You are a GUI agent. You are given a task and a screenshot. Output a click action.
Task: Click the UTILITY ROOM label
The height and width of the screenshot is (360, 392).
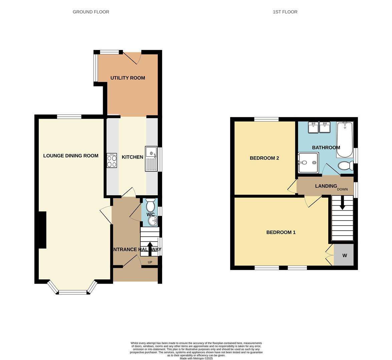[128, 78]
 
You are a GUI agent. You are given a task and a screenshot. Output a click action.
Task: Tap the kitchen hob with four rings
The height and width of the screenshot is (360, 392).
[112, 160]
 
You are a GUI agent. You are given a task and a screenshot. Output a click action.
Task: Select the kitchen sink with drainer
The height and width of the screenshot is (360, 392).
[151, 159]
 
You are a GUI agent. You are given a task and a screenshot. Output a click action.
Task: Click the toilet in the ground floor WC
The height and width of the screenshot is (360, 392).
[150, 203]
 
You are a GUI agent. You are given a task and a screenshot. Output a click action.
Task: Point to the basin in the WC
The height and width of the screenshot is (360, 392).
[153, 220]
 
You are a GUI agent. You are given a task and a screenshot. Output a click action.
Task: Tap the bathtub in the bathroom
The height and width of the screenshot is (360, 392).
[345, 140]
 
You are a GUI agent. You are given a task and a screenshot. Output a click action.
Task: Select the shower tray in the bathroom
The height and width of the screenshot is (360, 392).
[308, 163]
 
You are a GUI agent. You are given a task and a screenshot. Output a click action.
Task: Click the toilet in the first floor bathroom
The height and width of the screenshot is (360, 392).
[345, 165]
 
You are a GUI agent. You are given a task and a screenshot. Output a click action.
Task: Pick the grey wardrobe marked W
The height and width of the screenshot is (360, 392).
[344, 255]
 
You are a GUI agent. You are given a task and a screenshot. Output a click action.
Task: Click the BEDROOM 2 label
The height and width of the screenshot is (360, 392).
[264, 158]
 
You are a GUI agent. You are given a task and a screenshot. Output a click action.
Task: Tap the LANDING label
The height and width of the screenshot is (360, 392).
[326, 186]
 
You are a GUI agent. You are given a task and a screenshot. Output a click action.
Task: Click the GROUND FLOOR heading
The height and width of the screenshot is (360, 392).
[91, 12]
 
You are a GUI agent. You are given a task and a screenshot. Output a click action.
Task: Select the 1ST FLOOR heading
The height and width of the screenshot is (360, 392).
[285, 12]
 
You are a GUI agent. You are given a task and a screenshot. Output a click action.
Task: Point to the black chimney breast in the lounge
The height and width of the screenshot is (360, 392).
[42, 230]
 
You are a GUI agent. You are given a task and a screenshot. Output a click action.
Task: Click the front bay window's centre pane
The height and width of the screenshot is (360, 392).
[72, 293]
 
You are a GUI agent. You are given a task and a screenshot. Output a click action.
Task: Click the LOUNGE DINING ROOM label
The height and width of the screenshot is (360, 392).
[71, 156]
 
